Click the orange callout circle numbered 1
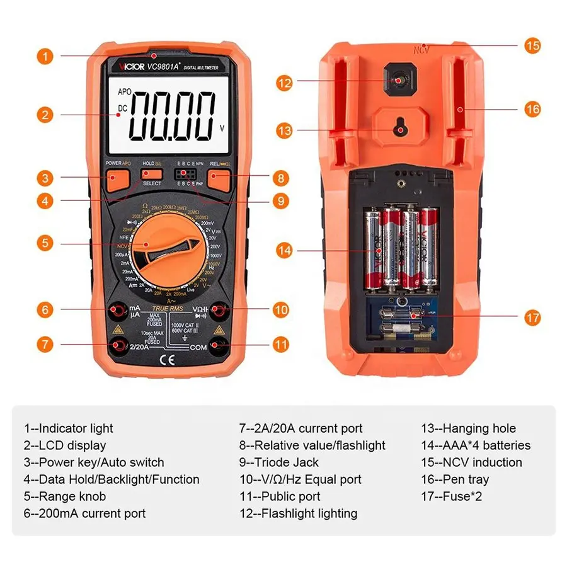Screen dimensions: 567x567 [43, 55]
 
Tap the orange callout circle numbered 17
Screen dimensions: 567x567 [532, 317]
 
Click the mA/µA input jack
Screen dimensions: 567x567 [117, 310]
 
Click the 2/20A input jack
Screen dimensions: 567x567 [117, 345]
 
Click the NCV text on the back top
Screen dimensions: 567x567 [421, 49]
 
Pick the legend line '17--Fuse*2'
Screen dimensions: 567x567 [452, 496]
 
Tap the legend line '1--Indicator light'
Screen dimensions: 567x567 [69, 428]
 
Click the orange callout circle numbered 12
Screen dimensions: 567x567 [285, 81]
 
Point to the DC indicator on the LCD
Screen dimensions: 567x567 [122, 108]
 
